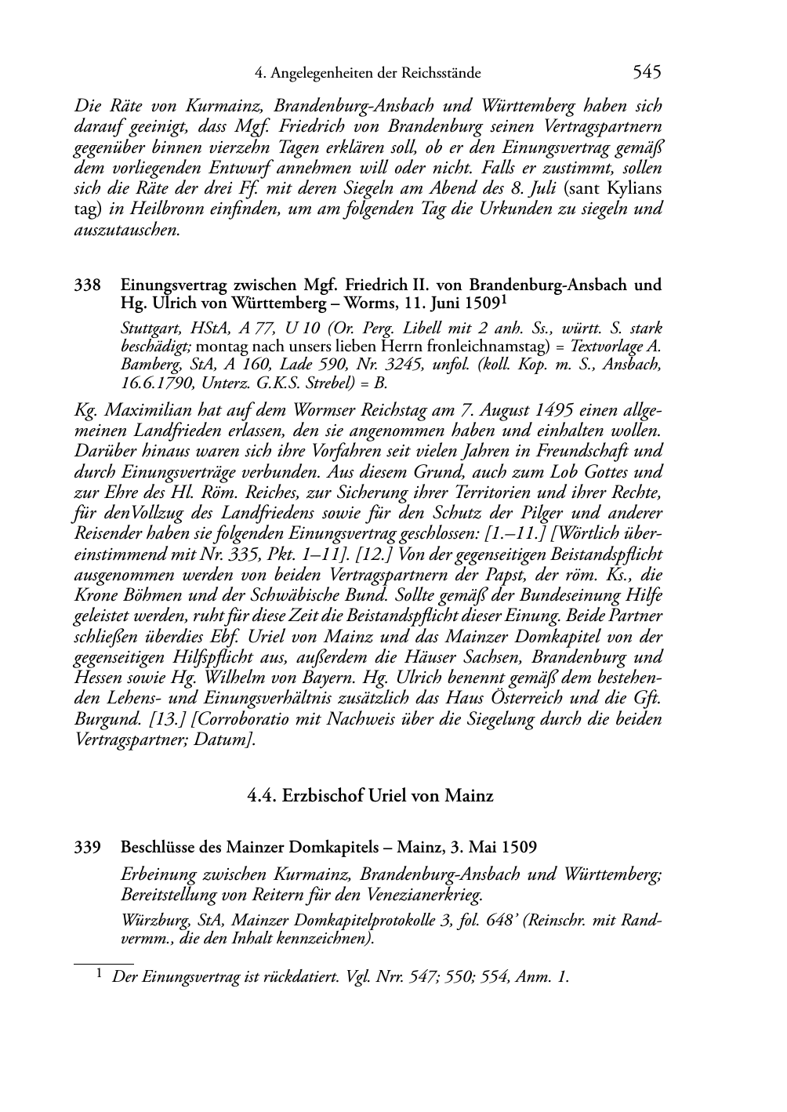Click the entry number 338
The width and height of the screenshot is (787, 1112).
click(86, 285)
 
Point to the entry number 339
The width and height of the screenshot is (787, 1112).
click(86, 847)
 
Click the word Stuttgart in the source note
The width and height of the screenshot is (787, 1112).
click(146, 328)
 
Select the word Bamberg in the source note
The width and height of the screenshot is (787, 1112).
click(145, 365)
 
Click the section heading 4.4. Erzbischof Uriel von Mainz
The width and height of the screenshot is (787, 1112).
click(370, 796)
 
